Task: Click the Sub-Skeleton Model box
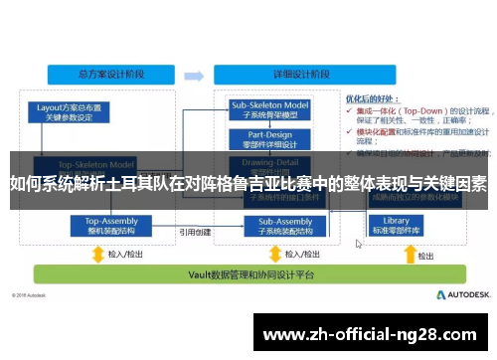coord(270,108)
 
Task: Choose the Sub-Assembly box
coord(270,226)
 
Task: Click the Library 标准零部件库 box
coord(396,226)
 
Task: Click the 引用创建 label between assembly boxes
coord(194,232)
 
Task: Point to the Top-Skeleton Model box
coord(95,165)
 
